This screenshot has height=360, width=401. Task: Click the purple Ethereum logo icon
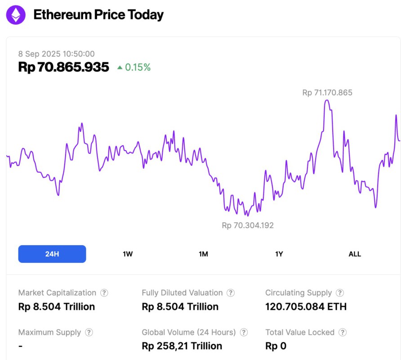16,15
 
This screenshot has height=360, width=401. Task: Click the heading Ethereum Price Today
98,15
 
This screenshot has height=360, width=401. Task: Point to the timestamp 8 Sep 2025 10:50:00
56,54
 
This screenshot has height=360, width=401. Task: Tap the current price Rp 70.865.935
63,67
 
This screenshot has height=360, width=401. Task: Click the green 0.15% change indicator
134,67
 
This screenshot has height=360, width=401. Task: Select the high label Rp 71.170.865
327,93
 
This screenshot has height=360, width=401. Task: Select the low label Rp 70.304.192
248,225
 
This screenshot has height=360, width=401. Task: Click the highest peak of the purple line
327,100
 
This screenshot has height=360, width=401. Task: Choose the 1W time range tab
128,254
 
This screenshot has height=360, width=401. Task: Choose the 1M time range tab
203,254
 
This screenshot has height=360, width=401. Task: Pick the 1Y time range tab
279,254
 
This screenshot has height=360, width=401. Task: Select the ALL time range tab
355,254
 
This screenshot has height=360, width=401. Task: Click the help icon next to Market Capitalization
104,293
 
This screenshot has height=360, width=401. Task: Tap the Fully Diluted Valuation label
182,293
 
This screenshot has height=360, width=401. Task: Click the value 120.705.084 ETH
306,307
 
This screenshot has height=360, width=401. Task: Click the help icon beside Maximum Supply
89,333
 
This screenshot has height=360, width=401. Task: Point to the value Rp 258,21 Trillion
182,346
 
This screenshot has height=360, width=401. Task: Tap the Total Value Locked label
300,333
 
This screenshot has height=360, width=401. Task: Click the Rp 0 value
276,346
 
